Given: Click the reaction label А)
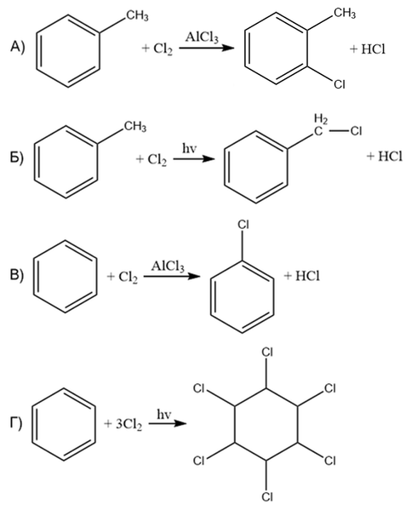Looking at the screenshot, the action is pos(18,48).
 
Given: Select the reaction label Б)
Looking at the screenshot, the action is pos(16,158).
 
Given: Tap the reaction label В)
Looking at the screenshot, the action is pos(16,276).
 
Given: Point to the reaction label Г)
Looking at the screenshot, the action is pos(16,423).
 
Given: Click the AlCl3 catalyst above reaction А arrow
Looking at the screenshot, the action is pos(202,37).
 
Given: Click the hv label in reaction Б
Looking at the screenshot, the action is pos(189,149).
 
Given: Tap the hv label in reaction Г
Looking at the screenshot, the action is pos(163,415).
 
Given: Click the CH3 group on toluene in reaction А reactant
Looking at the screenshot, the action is pos(137,15).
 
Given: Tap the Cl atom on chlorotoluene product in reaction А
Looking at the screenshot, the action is pos(339,84).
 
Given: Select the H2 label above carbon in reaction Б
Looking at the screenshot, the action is pos(321,119).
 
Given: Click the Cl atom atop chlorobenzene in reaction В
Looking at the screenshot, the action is pos(243,225).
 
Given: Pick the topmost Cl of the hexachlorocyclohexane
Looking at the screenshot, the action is pos(267,352).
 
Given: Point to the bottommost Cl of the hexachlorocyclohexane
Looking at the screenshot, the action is pos(267,496).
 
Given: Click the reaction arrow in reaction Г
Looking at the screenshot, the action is pos(168,424).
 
